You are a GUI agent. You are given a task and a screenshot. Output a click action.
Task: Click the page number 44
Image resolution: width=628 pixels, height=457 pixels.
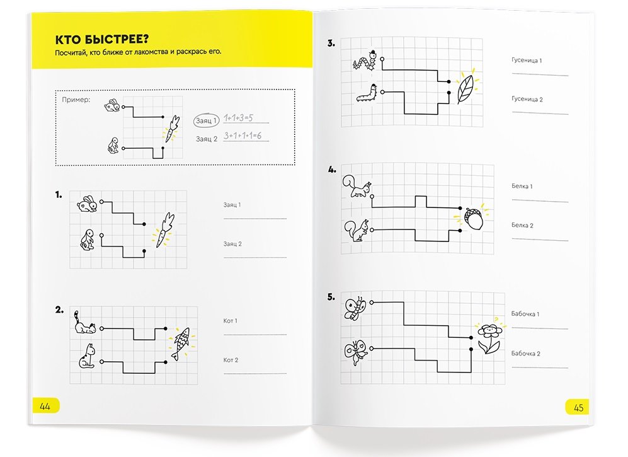click(45, 407)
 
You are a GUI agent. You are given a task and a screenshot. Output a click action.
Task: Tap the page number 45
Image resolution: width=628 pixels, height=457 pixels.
click(579, 408)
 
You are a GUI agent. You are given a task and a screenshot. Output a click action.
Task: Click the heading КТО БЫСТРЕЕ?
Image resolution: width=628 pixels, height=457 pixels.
click(102, 39)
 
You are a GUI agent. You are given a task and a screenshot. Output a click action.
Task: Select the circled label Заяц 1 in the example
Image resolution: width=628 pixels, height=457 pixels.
click(206, 120)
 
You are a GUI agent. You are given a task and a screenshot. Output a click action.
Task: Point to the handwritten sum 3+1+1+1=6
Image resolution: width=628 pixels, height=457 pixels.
click(243, 136)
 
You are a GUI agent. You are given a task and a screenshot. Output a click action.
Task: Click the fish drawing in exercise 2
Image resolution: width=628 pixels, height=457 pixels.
click(181, 343)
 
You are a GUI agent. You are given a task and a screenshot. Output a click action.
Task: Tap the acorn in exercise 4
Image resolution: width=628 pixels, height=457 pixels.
click(474, 218)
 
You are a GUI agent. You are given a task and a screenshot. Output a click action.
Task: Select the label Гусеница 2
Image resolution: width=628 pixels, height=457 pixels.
click(527, 99)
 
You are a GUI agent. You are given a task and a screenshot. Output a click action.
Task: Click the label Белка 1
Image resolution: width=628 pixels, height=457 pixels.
click(522, 186)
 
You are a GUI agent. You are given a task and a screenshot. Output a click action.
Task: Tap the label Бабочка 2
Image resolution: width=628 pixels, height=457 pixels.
click(525, 353)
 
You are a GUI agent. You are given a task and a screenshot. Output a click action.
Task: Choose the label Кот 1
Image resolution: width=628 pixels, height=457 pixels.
click(231, 321)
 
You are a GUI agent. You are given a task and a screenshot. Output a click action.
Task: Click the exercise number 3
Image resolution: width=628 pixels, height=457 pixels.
click(331, 43)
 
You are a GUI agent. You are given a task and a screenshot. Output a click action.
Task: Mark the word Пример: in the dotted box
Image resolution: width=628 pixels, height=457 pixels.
click(76, 100)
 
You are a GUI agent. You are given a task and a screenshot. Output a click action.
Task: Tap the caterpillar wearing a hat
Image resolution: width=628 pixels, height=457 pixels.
click(366, 61)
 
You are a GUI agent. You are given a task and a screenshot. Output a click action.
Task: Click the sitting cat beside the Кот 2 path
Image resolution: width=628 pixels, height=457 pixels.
click(88, 356)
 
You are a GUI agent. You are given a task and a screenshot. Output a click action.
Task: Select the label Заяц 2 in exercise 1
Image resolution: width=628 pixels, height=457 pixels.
click(232, 244)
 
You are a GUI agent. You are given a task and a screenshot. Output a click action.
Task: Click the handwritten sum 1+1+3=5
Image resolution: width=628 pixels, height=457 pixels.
click(238, 118)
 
